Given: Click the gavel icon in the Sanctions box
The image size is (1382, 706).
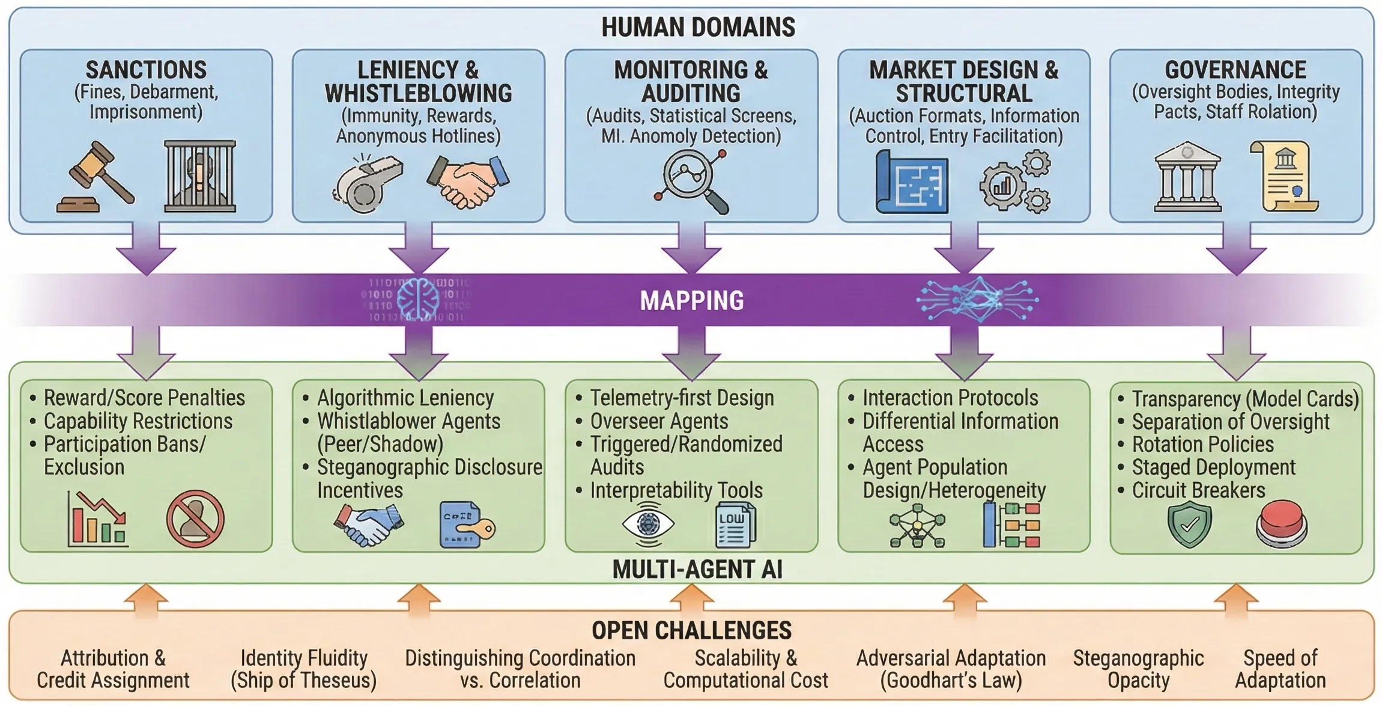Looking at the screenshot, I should click(96, 178).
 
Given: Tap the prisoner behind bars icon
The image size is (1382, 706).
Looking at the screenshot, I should click(200, 176).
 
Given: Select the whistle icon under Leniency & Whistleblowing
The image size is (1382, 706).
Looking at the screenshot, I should click(367, 183).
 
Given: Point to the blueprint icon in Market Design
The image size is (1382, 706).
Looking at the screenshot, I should click(912, 183).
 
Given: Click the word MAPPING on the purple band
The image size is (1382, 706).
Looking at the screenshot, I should click(691, 300).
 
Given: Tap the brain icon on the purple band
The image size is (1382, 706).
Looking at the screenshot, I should click(418, 299).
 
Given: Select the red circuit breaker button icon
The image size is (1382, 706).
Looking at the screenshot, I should click(1281, 524).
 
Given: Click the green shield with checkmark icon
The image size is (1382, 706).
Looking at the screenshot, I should click(1189, 525).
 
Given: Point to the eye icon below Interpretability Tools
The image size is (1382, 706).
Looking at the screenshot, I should click(647, 524).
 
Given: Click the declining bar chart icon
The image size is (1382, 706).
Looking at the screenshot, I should click(97, 520).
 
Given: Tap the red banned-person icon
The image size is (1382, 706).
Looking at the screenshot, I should click(195, 519).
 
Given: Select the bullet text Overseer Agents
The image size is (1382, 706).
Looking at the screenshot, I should click(659, 422).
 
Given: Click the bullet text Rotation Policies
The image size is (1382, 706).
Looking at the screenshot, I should click(1202, 445).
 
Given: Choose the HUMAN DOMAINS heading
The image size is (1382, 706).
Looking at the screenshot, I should click(698, 28).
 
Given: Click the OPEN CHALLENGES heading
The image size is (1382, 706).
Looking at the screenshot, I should click(691, 631).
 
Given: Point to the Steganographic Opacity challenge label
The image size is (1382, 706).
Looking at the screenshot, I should click(1138, 669).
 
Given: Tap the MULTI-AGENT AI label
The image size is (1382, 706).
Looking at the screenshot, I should click(697, 570).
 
